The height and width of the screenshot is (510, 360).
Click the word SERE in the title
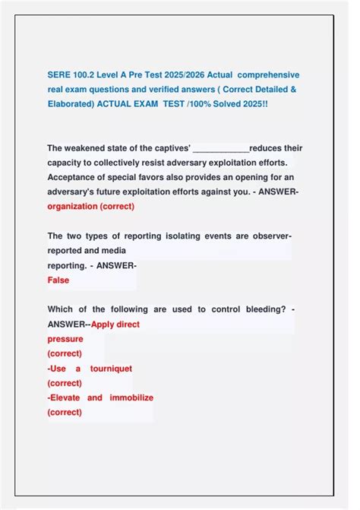coord(58,74)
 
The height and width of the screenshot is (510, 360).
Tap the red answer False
coord(58,280)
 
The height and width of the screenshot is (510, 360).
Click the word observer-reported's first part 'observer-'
coord(270,236)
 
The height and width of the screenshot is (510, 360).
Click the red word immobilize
coord(131,398)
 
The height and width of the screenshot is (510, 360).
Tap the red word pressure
coord(65,339)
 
